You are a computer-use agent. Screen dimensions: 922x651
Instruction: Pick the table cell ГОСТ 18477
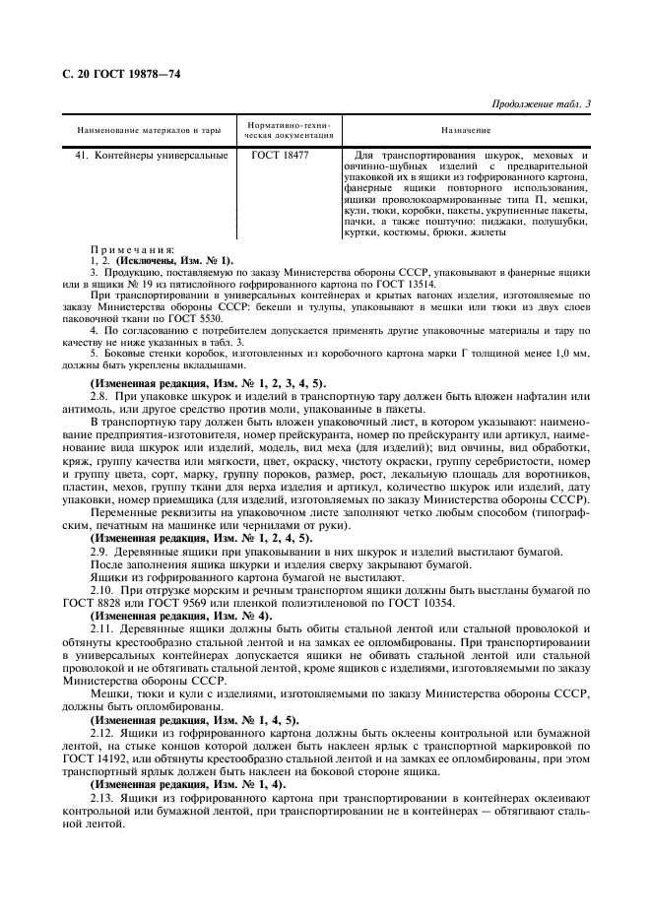point(280,156)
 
